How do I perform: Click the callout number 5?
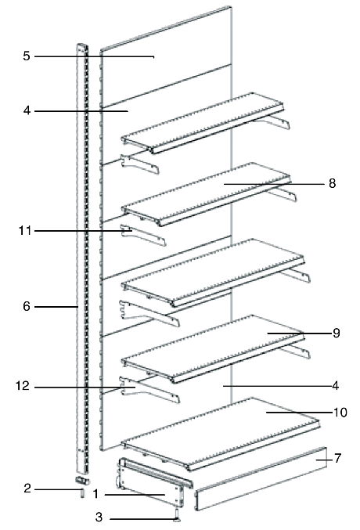pyautogui.click(x=27, y=56)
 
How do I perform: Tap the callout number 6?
pyautogui.click(x=27, y=306)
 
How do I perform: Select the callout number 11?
pyautogui.click(x=25, y=231)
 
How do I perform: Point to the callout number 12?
pyautogui.click(x=23, y=386)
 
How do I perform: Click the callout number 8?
pyautogui.click(x=333, y=183)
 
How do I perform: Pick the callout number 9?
pyautogui.click(x=336, y=333)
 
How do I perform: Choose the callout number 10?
pyautogui.click(x=340, y=413)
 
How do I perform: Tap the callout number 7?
pyautogui.click(x=337, y=458)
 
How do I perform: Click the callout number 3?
pyautogui.click(x=99, y=517)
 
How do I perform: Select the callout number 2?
pyautogui.click(x=27, y=488)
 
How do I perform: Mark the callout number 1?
pyautogui.click(x=95, y=494)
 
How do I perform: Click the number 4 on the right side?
pyautogui.click(x=335, y=385)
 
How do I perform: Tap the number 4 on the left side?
pyautogui.click(x=27, y=110)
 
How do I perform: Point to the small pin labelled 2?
pyautogui.click(x=81, y=493)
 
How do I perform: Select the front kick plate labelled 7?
pyautogui.click(x=261, y=478)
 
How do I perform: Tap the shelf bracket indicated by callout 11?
pyautogui.click(x=142, y=235)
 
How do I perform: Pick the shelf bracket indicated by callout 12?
pyautogui.click(x=149, y=389)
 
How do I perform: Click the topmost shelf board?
pyautogui.click(x=202, y=123)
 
